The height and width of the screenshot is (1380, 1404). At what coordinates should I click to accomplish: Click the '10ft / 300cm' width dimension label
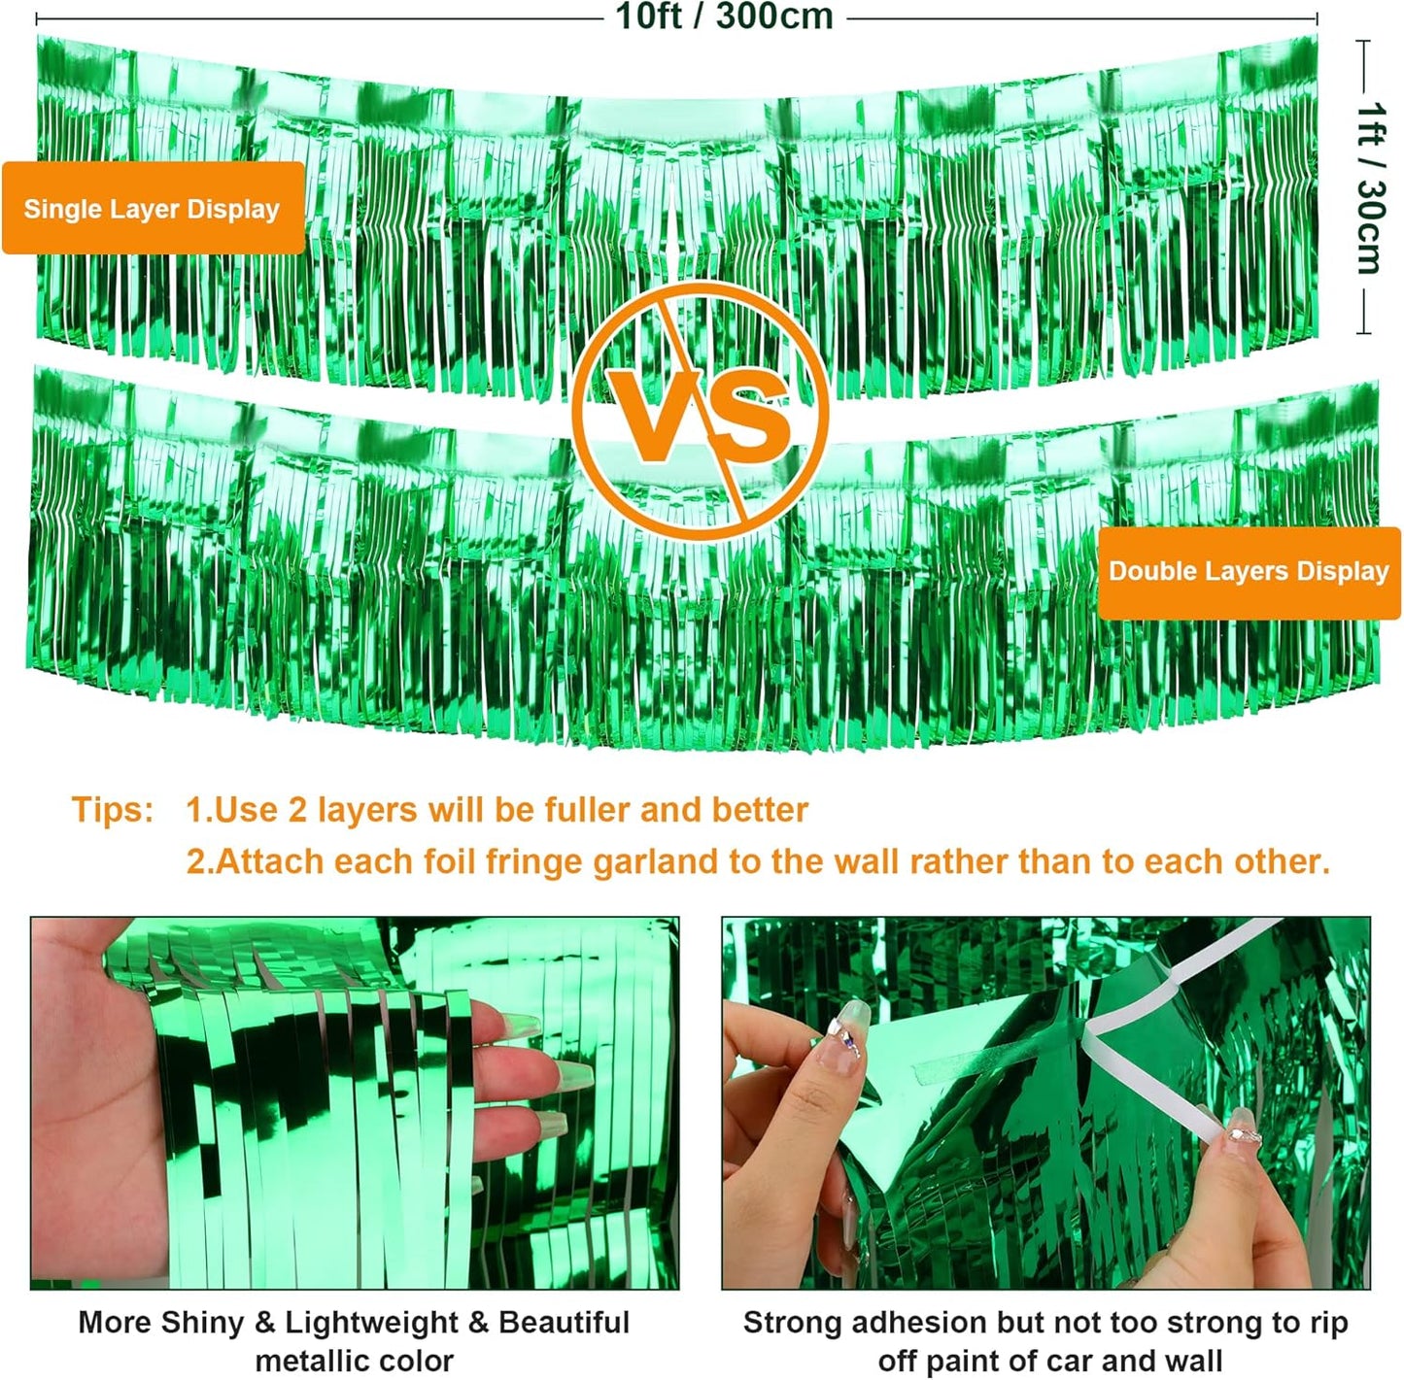click(724, 17)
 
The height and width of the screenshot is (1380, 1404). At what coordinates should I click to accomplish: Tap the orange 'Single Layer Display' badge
click(153, 209)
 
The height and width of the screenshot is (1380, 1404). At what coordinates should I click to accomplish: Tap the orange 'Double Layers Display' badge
click(1249, 571)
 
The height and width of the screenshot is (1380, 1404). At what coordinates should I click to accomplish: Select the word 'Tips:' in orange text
click(113, 810)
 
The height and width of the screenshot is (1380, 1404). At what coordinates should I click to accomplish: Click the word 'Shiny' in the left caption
click(202, 1322)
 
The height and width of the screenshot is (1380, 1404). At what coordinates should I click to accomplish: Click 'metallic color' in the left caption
click(354, 1361)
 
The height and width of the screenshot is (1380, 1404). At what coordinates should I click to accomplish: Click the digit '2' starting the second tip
click(197, 861)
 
